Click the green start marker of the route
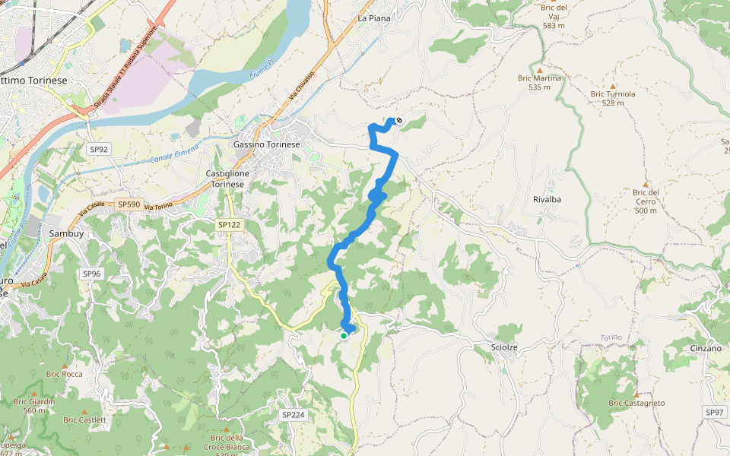pos(344,335)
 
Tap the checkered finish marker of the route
pos(398,120)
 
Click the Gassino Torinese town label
pos(266,144)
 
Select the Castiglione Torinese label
pos(227,179)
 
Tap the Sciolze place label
pos(500,347)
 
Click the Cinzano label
pos(706,348)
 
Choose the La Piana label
pos(373,17)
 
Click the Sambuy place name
pos(65,234)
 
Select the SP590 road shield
pos(129,204)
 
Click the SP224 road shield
pos(293,415)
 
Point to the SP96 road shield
pos(91,274)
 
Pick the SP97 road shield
pos(714,413)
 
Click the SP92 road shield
pos(98,150)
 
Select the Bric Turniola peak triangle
pos(612,86)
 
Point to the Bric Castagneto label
pos(636,403)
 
